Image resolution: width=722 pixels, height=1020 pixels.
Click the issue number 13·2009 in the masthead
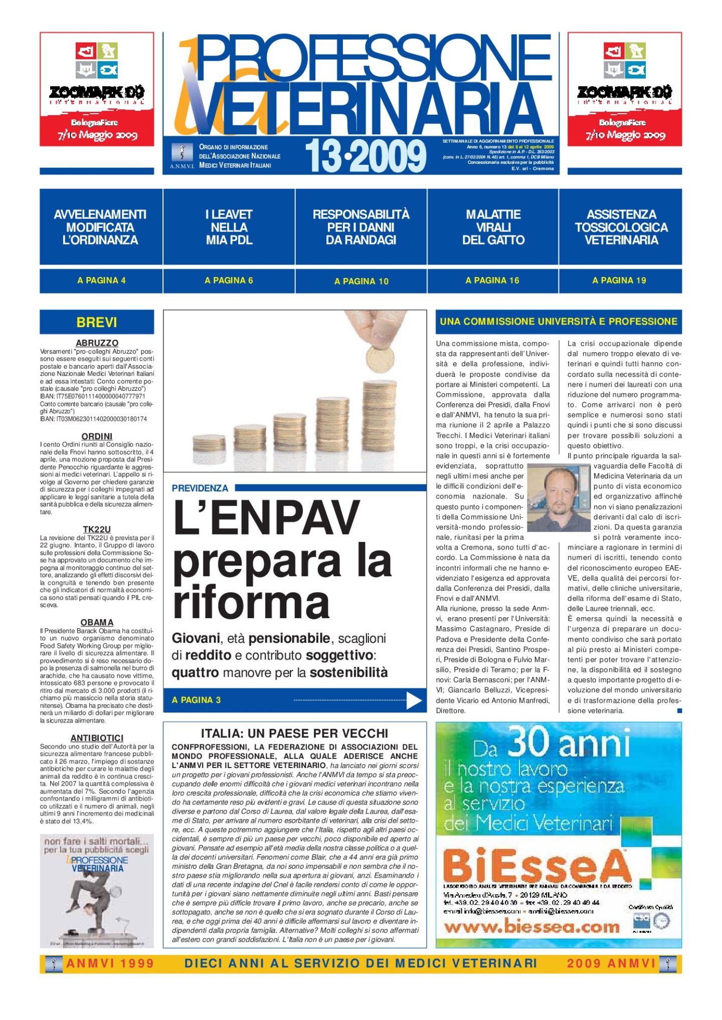365,156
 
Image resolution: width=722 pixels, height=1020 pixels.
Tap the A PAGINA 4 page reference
101,281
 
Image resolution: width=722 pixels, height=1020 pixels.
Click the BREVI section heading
97,322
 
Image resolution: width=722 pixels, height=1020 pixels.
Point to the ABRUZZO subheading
97,343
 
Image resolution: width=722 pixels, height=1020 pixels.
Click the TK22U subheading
97,529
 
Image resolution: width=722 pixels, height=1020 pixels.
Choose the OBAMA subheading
97,622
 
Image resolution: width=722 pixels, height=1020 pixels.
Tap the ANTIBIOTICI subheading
97,738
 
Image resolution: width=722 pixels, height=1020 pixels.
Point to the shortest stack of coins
209,442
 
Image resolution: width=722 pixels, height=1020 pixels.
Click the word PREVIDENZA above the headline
200,488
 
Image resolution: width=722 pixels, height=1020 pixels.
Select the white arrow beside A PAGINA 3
414,700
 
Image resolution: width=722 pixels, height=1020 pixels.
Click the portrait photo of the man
559,497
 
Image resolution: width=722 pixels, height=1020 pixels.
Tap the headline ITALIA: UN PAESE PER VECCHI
294,733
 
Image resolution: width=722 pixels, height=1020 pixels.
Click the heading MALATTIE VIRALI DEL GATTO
493,227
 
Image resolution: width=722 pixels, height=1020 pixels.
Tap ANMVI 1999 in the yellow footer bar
110,963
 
